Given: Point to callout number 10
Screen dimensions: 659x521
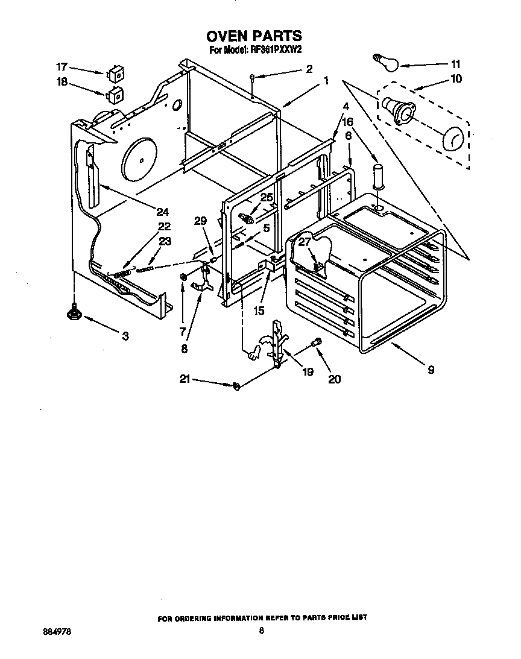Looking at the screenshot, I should tap(456, 78).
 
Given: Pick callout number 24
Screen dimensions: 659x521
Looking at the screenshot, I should tap(162, 212).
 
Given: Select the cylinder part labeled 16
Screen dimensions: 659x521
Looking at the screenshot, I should tap(377, 175).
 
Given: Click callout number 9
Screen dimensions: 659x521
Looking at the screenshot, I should tap(431, 370).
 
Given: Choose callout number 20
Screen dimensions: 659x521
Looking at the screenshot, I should tap(334, 379).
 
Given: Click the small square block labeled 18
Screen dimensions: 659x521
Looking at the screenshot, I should tap(115, 95).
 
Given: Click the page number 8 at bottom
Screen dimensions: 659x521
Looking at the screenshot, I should tap(261, 631).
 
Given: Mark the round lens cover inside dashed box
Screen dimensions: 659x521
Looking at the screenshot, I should tap(453, 139).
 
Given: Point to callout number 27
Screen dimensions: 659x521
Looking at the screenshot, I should tap(305, 242).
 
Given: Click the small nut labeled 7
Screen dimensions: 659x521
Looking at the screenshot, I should tap(182, 277).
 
